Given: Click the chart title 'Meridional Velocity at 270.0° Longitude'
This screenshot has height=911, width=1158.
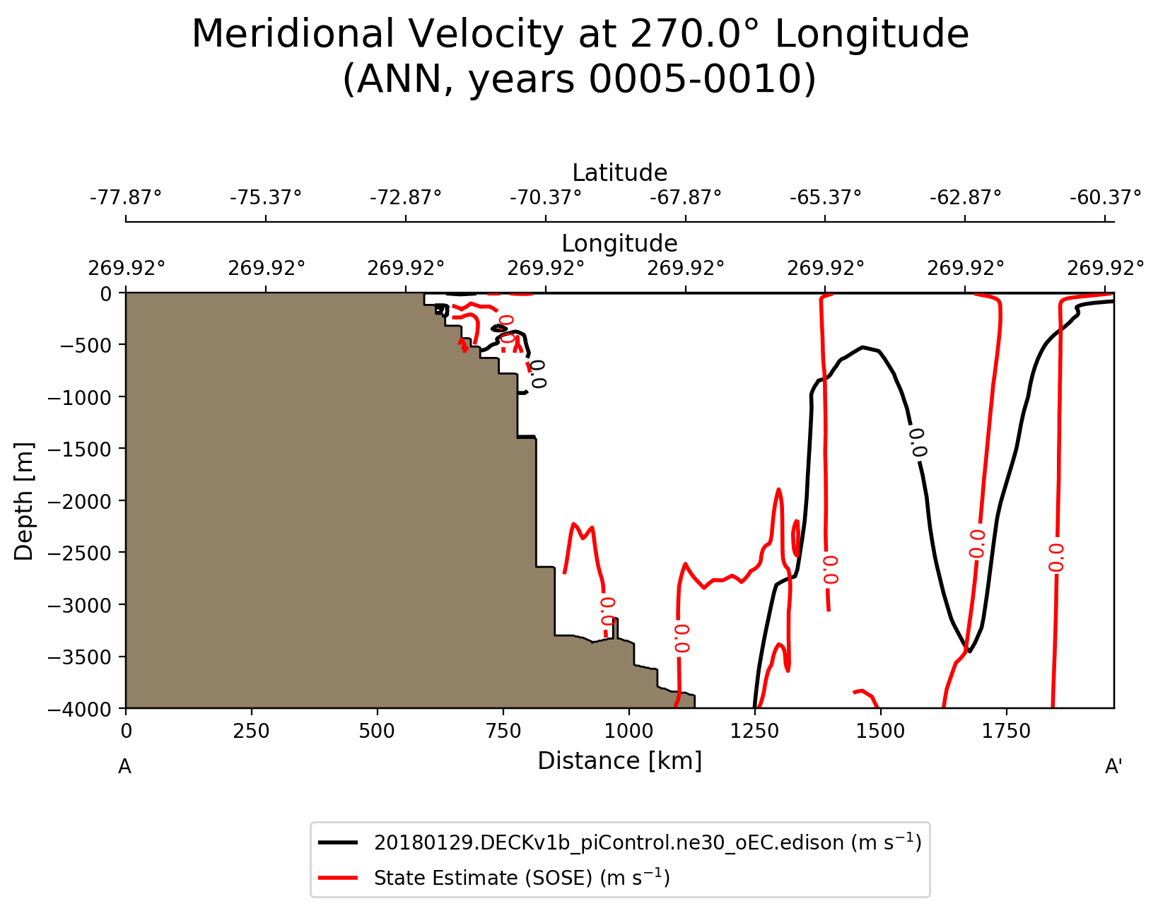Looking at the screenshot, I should [580, 34].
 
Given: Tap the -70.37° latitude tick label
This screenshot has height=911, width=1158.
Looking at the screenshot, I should [546, 196].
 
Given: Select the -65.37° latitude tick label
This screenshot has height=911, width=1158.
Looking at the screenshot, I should [825, 196].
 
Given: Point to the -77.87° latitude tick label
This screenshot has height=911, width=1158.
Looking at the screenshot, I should [126, 196].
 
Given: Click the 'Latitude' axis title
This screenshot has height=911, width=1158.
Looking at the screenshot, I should [619, 173].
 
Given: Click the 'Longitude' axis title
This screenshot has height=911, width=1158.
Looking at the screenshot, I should [619, 244].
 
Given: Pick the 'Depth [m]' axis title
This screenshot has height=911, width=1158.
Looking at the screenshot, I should [24, 501].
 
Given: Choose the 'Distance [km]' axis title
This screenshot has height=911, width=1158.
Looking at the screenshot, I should [619, 761].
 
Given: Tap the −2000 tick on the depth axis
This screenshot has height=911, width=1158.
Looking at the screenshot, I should [78, 501].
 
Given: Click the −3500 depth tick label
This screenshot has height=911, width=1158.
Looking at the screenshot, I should [78, 657].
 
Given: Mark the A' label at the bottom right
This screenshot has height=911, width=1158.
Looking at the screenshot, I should [1113, 767].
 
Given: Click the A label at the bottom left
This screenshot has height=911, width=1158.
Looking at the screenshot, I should [124, 767].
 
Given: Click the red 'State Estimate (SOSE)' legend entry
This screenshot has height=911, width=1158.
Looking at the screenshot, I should [522, 878].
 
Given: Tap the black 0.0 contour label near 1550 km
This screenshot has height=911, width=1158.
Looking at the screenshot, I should [917, 442].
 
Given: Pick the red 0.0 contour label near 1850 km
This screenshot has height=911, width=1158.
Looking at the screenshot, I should [1055, 557].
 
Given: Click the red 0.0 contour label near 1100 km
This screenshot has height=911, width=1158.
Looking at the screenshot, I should [682, 638].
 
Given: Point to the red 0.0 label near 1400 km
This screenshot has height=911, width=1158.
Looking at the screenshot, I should [830, 570].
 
